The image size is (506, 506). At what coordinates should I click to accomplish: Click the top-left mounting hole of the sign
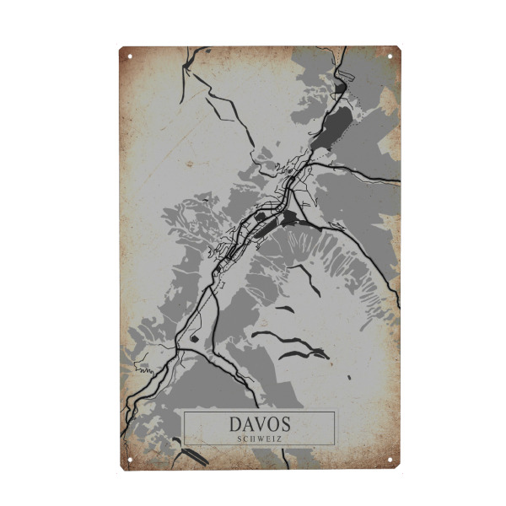tap(130, 57)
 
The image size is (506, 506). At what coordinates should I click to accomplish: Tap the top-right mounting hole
tap(390, 57)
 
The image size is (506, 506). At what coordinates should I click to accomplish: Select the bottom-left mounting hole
tap(130, 460)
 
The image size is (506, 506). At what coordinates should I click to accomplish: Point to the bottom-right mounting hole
tap(390, 460)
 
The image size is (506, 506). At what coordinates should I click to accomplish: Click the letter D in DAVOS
tap(235, 424)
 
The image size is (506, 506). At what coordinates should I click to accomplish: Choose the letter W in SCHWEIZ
tap(261, 439)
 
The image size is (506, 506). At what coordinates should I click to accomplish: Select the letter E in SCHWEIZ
tap(268, 439)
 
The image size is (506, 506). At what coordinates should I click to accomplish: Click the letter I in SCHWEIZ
tap(273, 439)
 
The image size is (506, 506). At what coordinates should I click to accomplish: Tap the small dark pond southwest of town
tap(195, 338)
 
